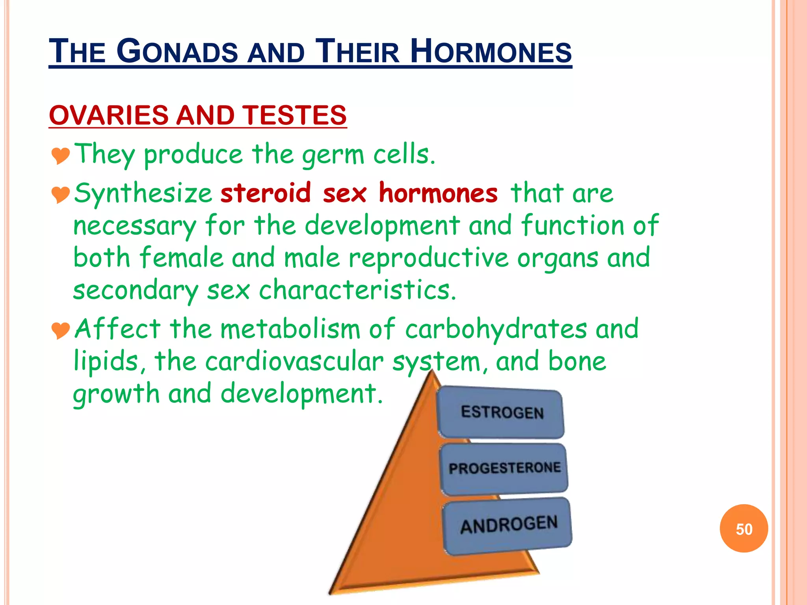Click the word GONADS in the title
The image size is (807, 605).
(x=177, y=52)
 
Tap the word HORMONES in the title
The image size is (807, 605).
(x=491, y=52)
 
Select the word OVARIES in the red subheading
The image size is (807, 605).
(x=109, y=115)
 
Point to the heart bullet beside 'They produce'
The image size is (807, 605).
(x=61, y=156)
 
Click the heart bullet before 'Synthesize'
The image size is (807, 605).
(x=61, y=194)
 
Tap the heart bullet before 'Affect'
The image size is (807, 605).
(x=61, y=330)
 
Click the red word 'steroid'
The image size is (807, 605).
(x=266, y=193)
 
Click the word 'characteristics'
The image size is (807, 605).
(x=357, y=290)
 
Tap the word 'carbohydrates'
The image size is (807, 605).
(x=496, y=329)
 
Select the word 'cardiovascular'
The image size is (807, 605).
(x=294, y=362)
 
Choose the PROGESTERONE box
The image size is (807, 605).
(x=504, y=468)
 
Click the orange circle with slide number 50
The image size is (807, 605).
(x=744, y=529)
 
